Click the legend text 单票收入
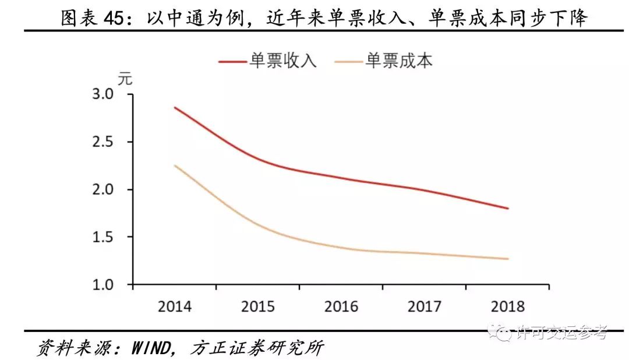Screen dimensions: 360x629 click(x=284, y=61)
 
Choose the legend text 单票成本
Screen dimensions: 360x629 click(x=400, y=61)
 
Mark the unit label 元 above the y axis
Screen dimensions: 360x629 click(x=125, y=80)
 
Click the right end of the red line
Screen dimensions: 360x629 click(x=508, y=208)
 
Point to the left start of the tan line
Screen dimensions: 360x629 click(x=175, y=165)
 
